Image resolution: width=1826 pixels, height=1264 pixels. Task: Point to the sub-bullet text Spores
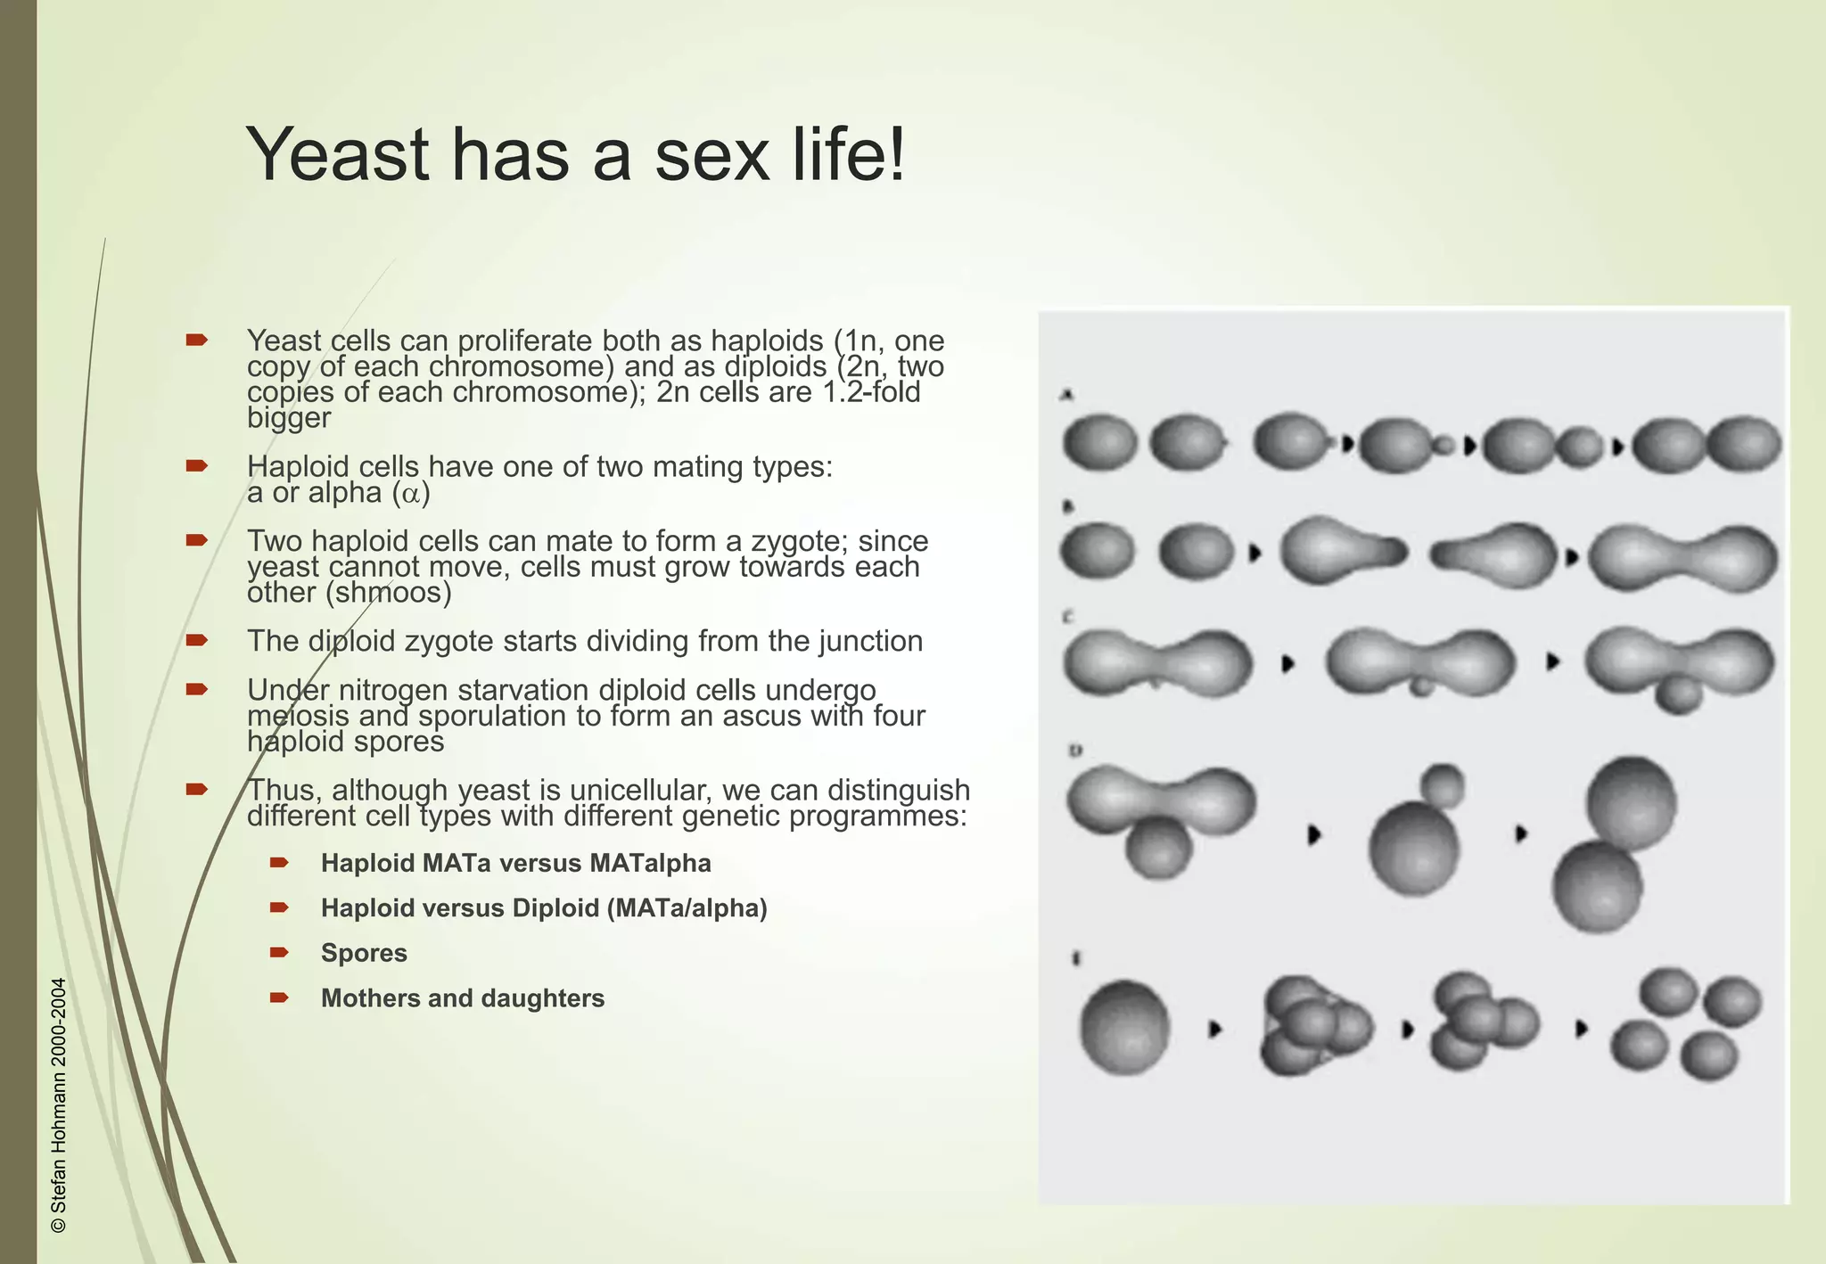[364, 953]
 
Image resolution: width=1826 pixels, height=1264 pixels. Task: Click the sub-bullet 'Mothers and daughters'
[462, 998]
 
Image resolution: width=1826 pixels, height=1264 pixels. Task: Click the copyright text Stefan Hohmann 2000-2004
[59, 1105]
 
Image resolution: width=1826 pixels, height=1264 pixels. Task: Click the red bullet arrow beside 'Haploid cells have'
[197, 466]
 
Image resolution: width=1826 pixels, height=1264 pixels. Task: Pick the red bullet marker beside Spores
[279, 953]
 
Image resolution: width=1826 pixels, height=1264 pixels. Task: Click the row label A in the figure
[1066, 394]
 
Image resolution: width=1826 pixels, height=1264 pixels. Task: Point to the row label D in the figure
[1075, 751]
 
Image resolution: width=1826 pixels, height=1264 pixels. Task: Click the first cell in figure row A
[1099, 442]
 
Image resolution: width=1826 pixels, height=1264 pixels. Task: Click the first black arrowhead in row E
[1214, 1029]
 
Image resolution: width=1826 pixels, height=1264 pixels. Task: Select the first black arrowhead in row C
[1287, 664]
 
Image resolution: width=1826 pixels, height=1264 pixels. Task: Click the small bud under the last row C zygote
[1679, 694]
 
